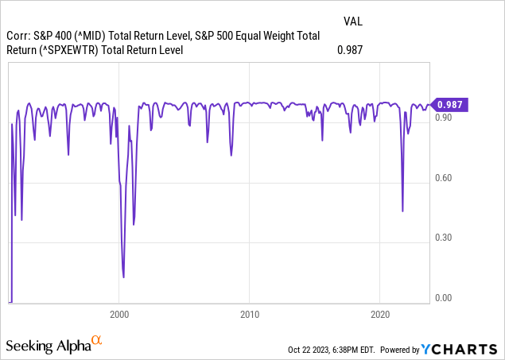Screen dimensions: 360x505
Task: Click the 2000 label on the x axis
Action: [119, 314]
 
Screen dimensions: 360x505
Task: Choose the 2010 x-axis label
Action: [250, 314]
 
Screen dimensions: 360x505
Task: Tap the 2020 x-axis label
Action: [380, 314]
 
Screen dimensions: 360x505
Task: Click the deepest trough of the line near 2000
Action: [123, 277]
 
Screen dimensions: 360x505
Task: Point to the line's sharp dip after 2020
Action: [402, 211]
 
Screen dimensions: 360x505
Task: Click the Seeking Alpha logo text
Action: [47, 346]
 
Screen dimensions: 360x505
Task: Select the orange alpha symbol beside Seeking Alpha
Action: [96, 341]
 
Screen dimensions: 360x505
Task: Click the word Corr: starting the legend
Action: [19, 35]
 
